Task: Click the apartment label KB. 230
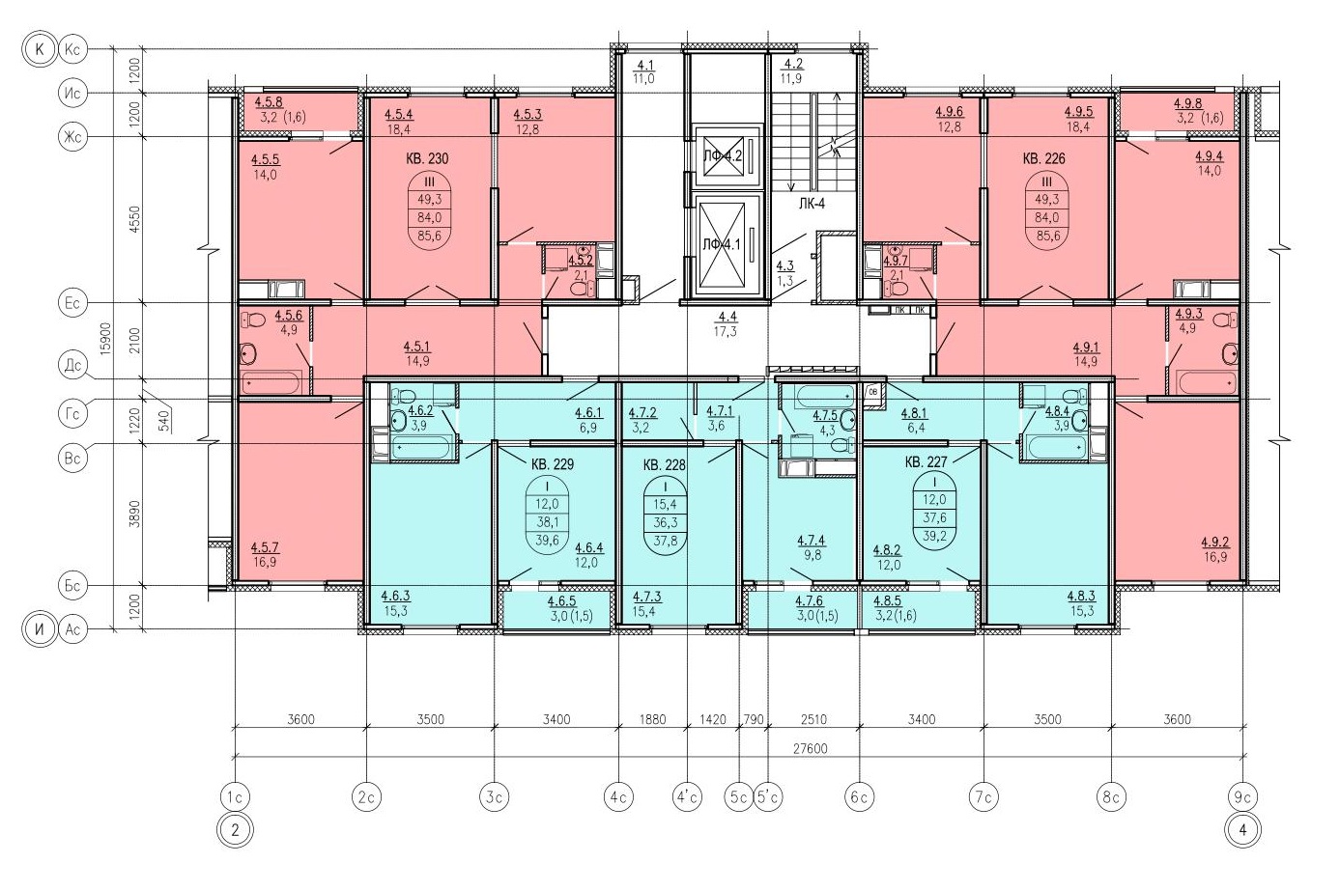tap(426, 159)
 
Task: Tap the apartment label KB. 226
tap(1043, 159)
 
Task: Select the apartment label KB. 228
tap(664, 465)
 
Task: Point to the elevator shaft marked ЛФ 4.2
tap(722, 155)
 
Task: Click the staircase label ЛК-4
tap(812, 204)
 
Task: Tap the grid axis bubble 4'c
tap(687, 796)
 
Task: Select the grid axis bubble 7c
tap(984, 796)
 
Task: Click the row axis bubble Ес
tap(72, 303)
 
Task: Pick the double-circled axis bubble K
tap(40, 49)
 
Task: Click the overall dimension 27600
tap(810, 749)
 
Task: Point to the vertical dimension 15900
tap(105, 339)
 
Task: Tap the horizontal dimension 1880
tap(652, 719)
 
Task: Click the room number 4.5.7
tap(265, 547)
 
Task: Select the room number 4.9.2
tap(1215, 543)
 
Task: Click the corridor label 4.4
tap(727, 317)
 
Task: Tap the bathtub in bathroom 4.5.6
tap(271, 382)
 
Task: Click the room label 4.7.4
tap(812, 541)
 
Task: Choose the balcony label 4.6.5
tap(561, 601)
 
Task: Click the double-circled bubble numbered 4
tap(1242, 830)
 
